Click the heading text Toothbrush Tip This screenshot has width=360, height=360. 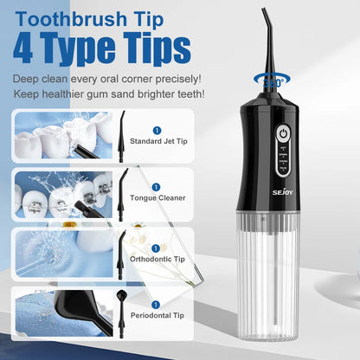point(105,18)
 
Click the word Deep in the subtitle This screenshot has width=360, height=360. point(29,80)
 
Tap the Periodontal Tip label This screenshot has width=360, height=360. point(156,316)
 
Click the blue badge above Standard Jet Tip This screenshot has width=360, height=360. point(156,130)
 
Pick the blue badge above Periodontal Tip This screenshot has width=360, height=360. point(156,303)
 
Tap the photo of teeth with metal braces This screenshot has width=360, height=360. point(62,194)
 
